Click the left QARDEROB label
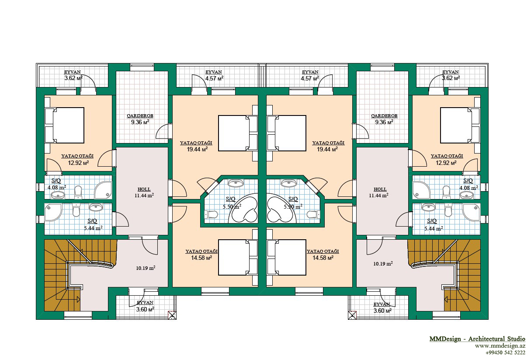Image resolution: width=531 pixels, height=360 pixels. pyautogui.click(x=140, y=116)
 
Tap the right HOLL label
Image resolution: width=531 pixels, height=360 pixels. pyautogui.click(x=380, y=189)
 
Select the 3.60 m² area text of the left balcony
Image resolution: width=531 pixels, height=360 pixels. pyautogui.click(x=145, y=309)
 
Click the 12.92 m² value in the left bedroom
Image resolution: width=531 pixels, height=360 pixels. pyautogui.click(x=78, y=163)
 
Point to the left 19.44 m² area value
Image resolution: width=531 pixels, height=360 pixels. pyautogui.click(x=197, y=149)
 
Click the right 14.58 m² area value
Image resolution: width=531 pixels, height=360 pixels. pyautogui.click(x=323, y=258)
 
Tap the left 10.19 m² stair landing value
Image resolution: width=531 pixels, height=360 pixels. pyautogui.click(x=146, y=268)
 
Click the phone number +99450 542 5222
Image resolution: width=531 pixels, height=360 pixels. pyautogui.click(x=505, y=353)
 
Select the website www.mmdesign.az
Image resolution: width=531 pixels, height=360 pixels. pyautogui.click(x=500, y=346)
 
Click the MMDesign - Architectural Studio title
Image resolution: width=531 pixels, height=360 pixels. pyautogui.click(x=477, y=339)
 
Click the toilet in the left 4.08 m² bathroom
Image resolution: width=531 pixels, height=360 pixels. pyautogui.click(x=78, y=192)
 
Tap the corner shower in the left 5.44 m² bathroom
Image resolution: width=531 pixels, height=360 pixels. pyautogui.click(x=53, y=212)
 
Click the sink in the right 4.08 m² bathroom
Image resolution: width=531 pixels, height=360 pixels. pyautogui.click(x=466, y=195)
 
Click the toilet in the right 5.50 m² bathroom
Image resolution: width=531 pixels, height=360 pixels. pyautogui.click(x=313, y=215)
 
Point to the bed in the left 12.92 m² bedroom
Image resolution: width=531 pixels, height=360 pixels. pyautogui.click(x=65, y=125)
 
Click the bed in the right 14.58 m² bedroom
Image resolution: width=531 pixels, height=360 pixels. pyautogui.click(x=286, y=258)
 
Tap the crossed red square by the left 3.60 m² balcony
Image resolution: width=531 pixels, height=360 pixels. pyautogui.click(x=172, y=315)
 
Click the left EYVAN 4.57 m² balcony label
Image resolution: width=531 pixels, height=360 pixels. pyautogui.click(x=214, y=75)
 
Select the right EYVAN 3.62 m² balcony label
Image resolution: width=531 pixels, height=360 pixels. pyautogui.click(x=451, y=75)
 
